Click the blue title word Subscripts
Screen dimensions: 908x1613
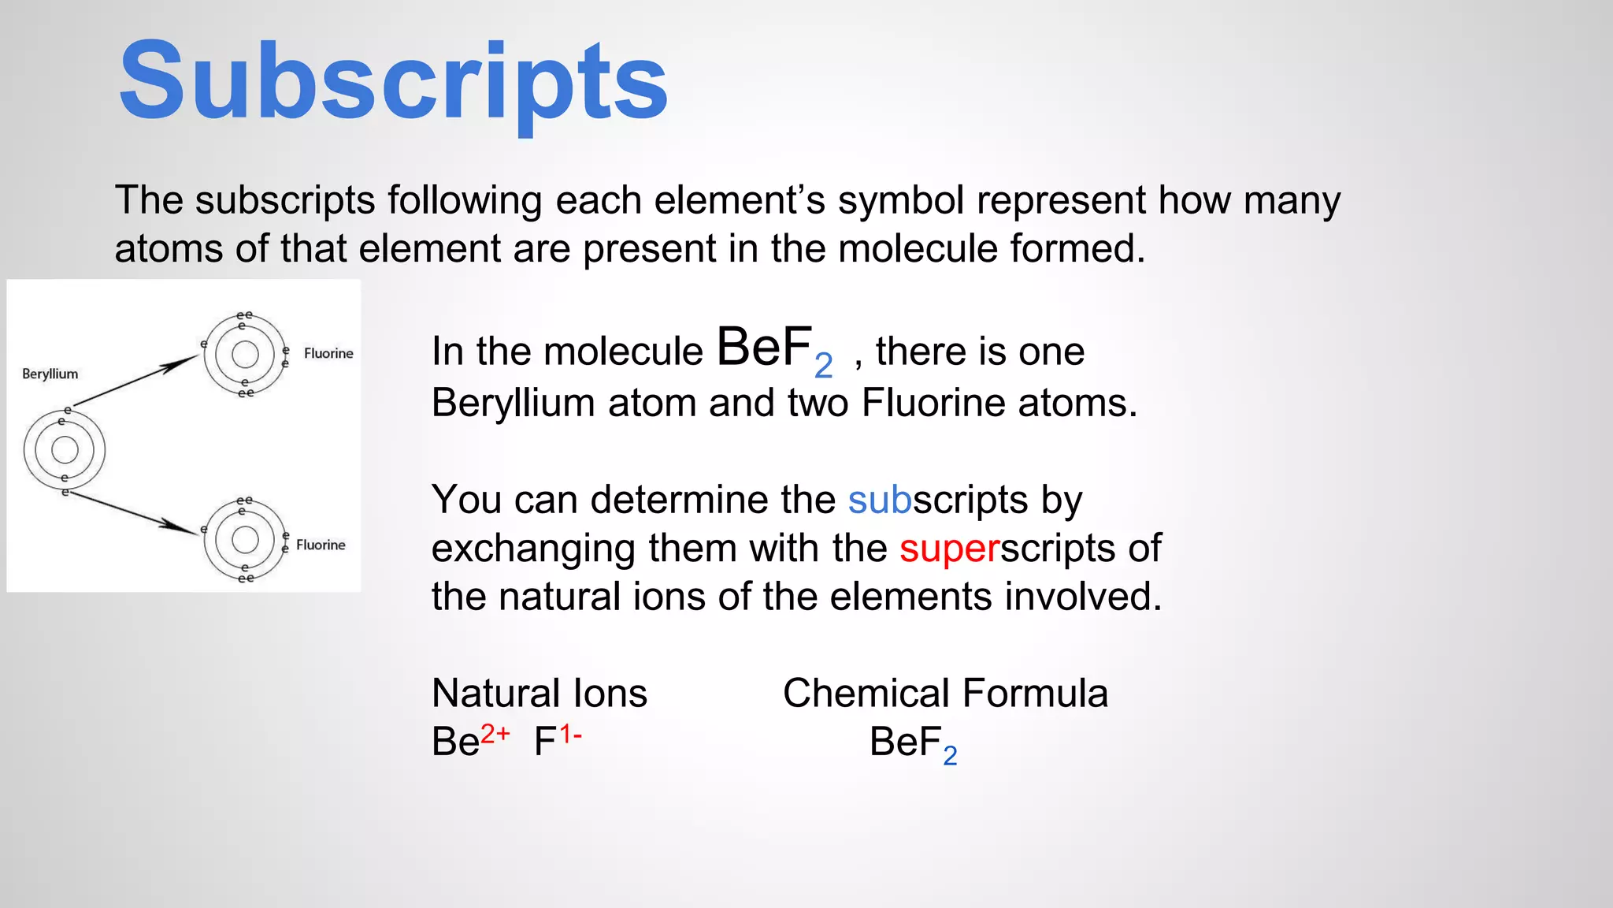(x=393, y=82)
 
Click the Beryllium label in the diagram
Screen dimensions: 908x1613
(x=50, y=374)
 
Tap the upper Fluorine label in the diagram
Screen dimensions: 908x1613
(x=328, y=353)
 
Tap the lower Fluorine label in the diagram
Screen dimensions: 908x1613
(x=321, y=545)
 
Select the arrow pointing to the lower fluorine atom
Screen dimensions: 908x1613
(x=134, y=513)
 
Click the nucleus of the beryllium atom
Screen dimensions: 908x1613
(x=65, y=450)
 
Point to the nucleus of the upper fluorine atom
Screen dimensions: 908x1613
(x=245, y=354)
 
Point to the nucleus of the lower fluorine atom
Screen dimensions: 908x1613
(x=245, y=540)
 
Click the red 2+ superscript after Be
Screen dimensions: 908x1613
(x=495, y=734)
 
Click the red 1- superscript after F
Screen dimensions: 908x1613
(x=570, y=734)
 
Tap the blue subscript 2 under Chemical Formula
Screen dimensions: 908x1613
(x=950, y=756)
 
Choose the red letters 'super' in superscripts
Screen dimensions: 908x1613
(x=949, y=549)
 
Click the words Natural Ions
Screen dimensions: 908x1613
(x=540, y=694)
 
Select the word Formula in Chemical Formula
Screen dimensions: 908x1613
(x=1035, y=694)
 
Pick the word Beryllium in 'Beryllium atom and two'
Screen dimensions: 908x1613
(x=513, y=403)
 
